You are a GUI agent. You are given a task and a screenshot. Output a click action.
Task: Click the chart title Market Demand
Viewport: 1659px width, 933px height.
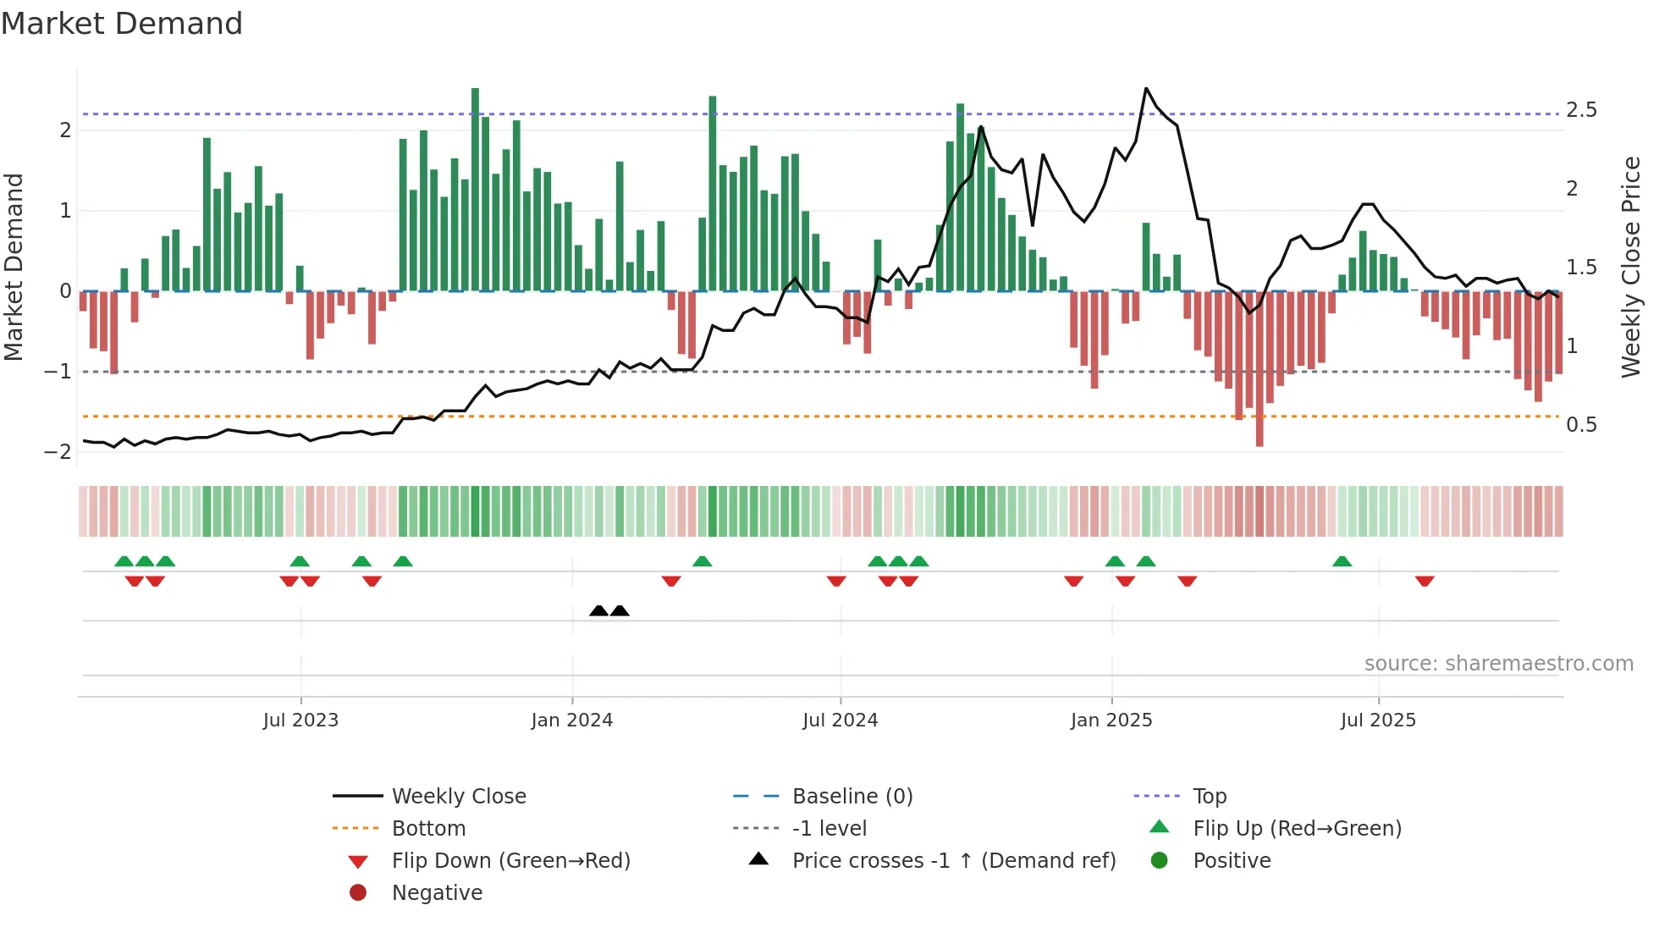point(122,24)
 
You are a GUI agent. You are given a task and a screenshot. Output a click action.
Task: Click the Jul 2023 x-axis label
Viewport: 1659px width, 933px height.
point(300,720)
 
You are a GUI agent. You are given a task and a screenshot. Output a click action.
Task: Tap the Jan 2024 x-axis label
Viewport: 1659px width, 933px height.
point(571,720)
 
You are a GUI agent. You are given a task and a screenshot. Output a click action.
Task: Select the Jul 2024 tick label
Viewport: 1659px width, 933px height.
point(840,720)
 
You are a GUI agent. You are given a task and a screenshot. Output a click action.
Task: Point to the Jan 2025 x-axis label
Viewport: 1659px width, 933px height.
point(1111,720)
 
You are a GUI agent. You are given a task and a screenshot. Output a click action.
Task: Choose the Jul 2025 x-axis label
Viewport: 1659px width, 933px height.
point(1378,720)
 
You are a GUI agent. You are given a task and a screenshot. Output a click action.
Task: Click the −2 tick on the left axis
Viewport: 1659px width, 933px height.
point(58,452)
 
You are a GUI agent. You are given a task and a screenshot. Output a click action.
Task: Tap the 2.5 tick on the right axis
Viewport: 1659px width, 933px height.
point(1581,110)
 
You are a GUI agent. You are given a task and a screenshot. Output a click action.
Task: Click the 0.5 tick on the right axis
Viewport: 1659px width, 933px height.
point(1581,425)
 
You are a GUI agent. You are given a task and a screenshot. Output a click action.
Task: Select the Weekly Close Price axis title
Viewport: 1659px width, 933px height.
point(1631,267)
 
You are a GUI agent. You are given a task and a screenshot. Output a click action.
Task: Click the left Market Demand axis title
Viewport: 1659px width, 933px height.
point(14,267)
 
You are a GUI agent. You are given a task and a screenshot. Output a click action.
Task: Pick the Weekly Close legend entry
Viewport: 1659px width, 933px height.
point(458,797)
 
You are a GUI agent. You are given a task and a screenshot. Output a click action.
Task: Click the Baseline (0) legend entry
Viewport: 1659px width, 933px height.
point(852,797)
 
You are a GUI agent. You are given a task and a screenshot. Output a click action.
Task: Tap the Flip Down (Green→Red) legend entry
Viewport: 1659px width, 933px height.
point(510,861)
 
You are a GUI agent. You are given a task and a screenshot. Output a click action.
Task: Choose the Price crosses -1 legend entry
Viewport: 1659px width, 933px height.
point(953,861)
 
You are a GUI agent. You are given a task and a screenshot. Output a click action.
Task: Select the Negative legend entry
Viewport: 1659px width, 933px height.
point(437,893)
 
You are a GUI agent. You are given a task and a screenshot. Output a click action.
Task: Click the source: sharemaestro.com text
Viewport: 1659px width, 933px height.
point(1498,664)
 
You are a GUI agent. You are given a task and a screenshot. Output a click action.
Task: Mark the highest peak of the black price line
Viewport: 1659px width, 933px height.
point(1146,88)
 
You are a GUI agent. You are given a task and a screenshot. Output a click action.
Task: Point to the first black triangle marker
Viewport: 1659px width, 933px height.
point(598,610)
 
